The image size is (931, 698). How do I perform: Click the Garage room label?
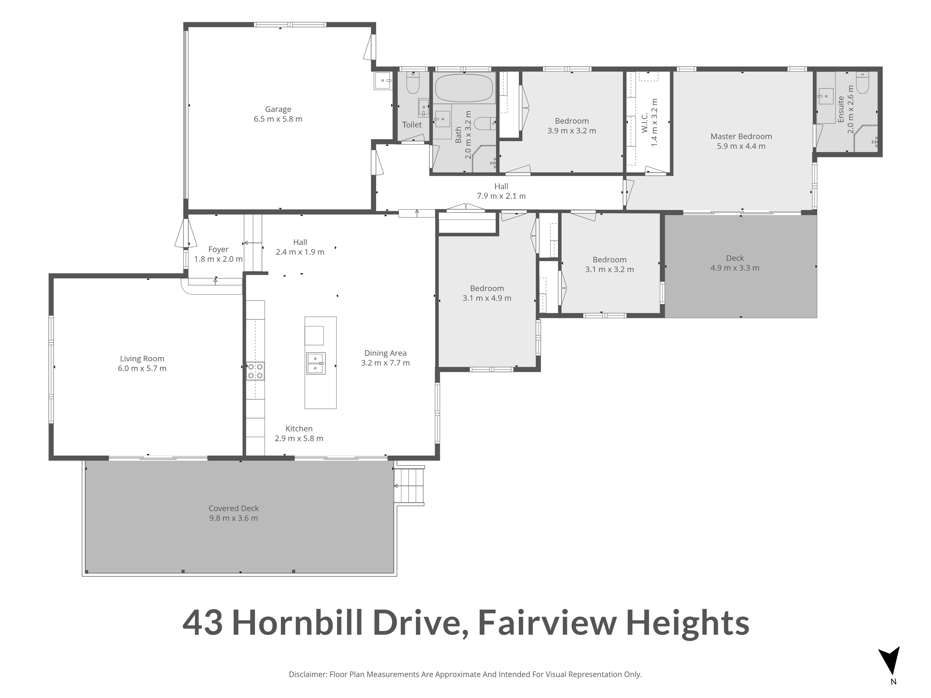[278, 109]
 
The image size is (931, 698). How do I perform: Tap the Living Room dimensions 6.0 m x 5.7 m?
[142, 369]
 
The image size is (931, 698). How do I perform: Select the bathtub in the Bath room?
[463, 88]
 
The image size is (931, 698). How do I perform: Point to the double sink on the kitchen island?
[316, 363]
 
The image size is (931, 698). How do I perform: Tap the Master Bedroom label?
[741, 136]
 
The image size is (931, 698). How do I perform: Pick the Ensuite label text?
[841, 109]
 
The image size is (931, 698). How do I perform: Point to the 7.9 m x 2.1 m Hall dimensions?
[501, 196]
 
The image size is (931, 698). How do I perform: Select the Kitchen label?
[299, 429]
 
